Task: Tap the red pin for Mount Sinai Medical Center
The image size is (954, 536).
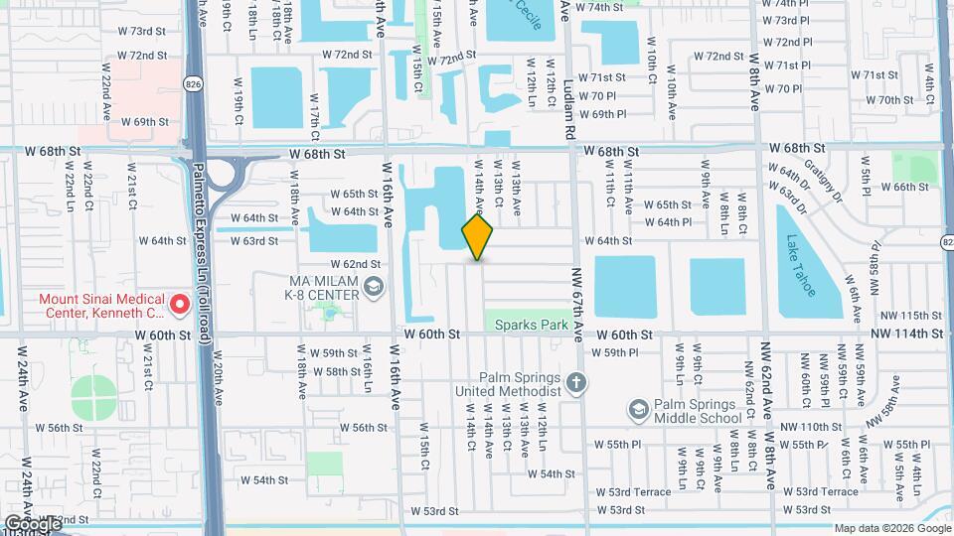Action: tap(179, 305)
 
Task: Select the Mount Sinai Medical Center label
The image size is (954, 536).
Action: tap(96, 305)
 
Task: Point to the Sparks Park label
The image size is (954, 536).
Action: tap(527, 324)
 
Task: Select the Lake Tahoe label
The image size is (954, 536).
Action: tap(802, 265)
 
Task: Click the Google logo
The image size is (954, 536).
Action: tap(32, 523)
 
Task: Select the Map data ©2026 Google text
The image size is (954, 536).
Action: tap(892, 528)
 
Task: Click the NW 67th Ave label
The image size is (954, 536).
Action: tap(577, 288)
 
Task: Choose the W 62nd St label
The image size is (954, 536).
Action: tap(356, 264)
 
